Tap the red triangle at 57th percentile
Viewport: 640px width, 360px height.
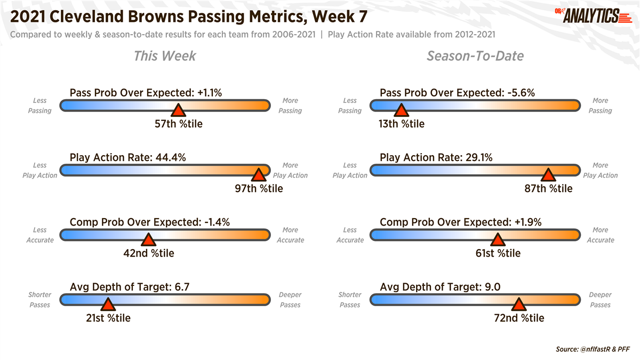point(178,111)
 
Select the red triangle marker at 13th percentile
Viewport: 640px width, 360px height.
point(401,111)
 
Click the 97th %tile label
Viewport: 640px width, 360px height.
point(259,189)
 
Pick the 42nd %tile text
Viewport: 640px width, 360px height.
point(149,253)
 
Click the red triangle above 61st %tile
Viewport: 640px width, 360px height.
point(497,240)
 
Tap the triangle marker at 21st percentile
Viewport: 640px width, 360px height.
point(108,305)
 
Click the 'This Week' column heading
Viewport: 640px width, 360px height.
point(165,56)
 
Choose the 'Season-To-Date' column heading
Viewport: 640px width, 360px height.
point(475,56)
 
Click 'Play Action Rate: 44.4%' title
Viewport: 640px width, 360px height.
point(127,158)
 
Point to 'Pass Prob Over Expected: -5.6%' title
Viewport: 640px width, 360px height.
point(457,93)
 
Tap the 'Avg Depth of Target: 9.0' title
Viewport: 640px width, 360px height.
point(439,287)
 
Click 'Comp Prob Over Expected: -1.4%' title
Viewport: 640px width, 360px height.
point(150,222)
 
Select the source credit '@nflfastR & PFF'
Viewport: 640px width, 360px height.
point(593,349)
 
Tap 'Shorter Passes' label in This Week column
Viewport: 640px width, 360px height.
point(39,300)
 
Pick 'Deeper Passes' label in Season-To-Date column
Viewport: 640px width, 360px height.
point(600,300)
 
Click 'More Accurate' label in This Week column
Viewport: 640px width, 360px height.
point(290,235)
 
